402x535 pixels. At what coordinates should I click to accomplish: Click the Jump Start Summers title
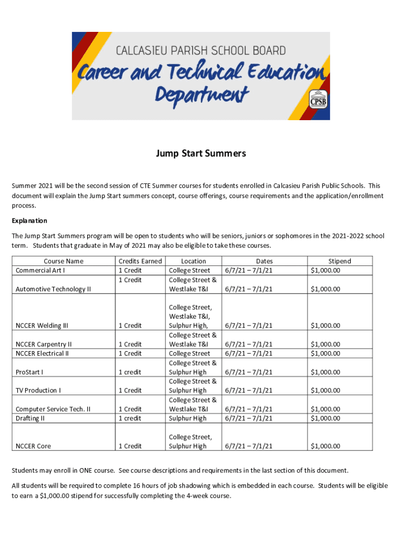pos(201,154)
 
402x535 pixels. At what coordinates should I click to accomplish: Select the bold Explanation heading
pos(29,220)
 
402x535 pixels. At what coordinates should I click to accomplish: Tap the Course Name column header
pos(63,261)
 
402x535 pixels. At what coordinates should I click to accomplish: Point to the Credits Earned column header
pos(140,261)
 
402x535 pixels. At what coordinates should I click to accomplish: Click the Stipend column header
pos(339,261)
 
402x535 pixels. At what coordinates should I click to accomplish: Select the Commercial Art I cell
pos(40,271)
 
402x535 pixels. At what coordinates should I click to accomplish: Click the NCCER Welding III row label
pos(42,325)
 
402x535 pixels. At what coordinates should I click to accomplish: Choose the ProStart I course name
pos(30,372)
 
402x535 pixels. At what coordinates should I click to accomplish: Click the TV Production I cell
pos(38,390)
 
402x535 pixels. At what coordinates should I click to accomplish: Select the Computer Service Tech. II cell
pos(53,409)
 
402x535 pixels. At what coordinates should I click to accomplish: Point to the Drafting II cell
pos(30,418)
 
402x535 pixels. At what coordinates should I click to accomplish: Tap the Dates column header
pos(264,261)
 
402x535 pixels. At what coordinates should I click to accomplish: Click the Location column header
pos(193,261)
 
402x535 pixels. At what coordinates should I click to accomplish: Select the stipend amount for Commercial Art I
pos(325,271)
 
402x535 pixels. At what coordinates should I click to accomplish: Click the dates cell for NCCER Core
pos(249,446)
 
